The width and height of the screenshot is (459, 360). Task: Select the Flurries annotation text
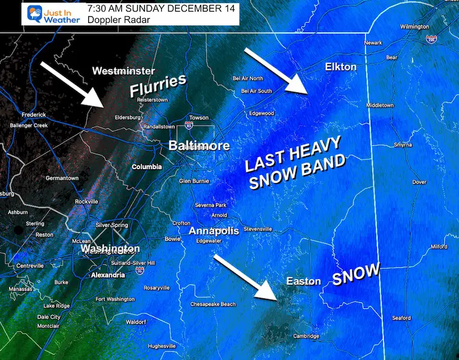pos(156,86)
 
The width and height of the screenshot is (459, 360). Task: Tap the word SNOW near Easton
pos(356,274)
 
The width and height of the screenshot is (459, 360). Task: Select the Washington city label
pos(111,248)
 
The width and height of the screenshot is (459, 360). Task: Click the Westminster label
pos(124,71)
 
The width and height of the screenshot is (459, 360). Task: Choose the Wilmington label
pos(414,27)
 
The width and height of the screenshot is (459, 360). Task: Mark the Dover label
pos(419,182)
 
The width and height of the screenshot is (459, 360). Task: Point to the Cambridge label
pos(306,336)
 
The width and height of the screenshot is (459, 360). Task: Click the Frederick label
pos(33,115)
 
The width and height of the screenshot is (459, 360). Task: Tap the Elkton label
pos(341,66)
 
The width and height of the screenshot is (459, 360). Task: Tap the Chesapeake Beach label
pos(213,304)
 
